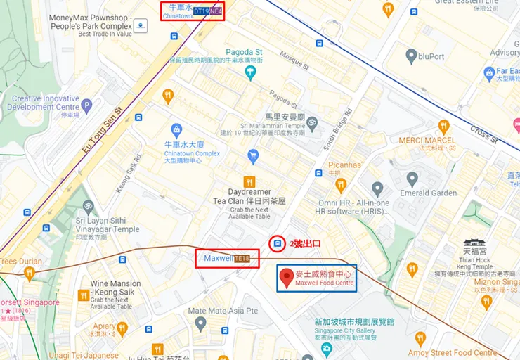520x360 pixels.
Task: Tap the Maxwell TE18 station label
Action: (x=227, y=258)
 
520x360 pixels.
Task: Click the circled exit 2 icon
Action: (x=278, y=243)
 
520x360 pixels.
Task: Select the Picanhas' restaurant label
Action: (x=344, y=165)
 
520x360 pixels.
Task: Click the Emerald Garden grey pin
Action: (x=378, y=188)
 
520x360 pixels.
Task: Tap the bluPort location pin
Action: (x=411, y=56)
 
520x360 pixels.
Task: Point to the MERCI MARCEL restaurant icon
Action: (x=443, y=127)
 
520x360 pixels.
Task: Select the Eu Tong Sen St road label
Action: (x=103, y=131)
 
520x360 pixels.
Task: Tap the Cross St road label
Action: (x=483, y=134)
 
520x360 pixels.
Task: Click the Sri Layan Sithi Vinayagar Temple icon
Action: (x=89, y=207)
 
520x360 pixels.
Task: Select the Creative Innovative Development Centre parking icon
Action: (x=86, y=106)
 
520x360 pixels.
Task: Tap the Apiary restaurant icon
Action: (x=122, y=327)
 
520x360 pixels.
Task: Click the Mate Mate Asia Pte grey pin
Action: (x=201, y=324)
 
